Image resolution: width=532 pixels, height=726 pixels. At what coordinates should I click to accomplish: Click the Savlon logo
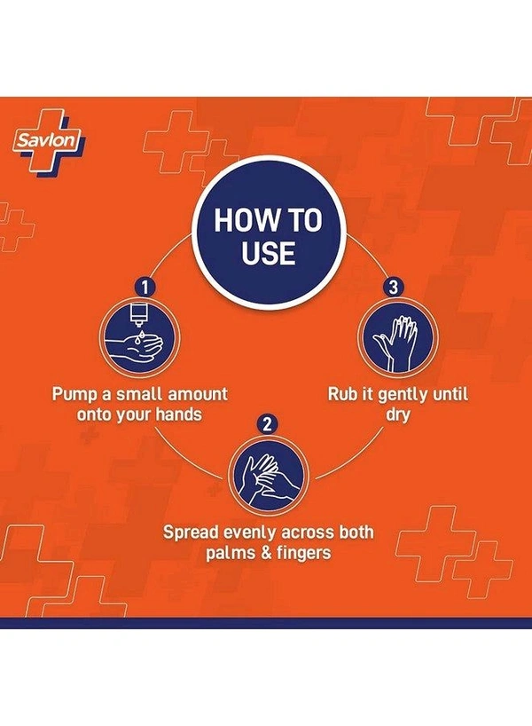(x=50, y=140)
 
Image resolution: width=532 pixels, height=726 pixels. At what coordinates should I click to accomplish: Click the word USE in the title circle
(x=269, y=253)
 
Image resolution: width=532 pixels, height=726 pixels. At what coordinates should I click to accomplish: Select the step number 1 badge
(x=145, y=287)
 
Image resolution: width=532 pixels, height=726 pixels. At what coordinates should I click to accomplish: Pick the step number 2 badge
(x=268, y=424)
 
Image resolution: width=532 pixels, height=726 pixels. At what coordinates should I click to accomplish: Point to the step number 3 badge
(x=393, y=287)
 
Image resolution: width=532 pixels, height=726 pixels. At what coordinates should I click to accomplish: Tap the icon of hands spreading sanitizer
(x=268, y=476)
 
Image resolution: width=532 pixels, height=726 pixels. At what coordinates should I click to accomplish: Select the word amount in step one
(x=198, y=394)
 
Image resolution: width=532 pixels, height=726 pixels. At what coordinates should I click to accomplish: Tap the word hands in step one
(x=179, y=414)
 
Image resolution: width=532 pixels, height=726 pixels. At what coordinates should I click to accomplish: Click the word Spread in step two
(x=191, y=533)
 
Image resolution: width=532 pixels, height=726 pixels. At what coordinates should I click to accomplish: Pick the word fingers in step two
(x=304, y=553)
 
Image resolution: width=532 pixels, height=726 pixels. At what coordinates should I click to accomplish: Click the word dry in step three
(x=398, y=414)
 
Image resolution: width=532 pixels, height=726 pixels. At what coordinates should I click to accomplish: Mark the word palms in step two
(x=231, y=553)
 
